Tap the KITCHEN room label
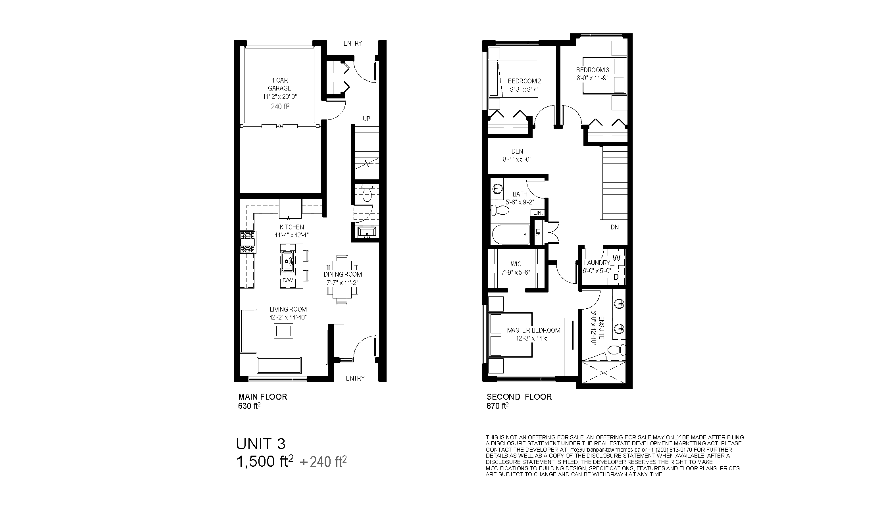(x=292, y=227)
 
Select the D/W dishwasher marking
(x=287, y=281)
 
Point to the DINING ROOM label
(x=343, y=274)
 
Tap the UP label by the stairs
(x=366, y=119)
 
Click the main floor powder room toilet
(x=367, y=192)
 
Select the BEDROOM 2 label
(x=524, y=81)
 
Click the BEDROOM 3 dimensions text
(x=592, y=78)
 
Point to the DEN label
(x=517, y=151)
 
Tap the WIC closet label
(x=516, y=264)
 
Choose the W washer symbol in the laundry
(x=616, y=258)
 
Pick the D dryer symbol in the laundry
(x=616, y=277)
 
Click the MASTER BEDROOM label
(x=534, y=330)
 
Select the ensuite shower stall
(x=603, y=372)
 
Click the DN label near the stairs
(x=614, y=227)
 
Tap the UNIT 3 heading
(x=261, y=443)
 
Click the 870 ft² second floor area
(x=498, y=406)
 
